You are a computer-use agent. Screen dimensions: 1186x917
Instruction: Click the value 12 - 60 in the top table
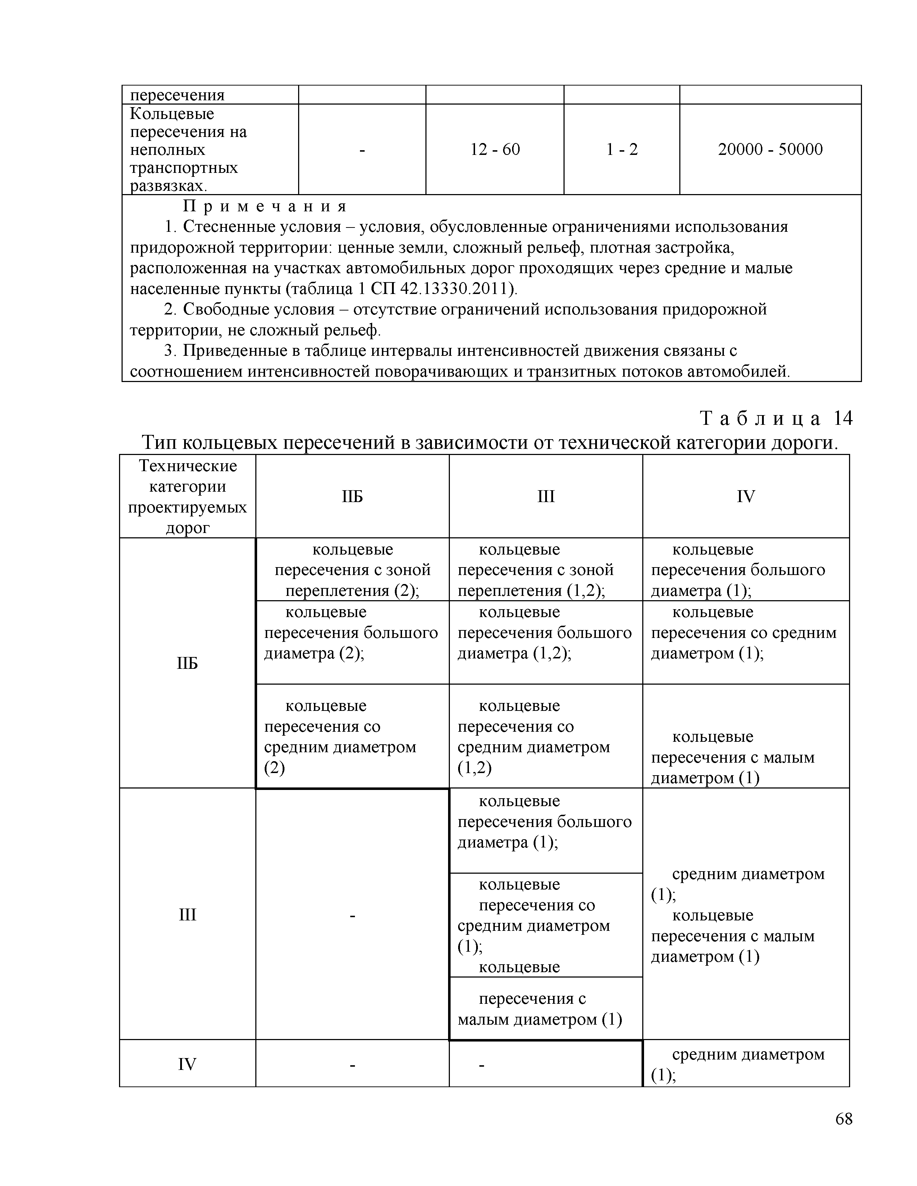495,150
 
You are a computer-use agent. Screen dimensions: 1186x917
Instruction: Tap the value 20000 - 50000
770,150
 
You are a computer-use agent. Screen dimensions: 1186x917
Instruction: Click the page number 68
844,1119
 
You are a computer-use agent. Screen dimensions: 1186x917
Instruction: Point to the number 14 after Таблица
843,418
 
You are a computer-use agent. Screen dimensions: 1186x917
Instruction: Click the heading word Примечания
265,206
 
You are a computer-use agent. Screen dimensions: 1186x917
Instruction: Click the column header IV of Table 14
745,496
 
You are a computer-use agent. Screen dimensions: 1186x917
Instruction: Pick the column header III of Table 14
546,496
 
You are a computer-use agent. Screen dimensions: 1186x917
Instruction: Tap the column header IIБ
352,496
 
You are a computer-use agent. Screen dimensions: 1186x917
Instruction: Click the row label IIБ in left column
187,663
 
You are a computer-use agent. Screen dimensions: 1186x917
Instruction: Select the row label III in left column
187,915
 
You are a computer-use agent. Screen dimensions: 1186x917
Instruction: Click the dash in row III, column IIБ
352,916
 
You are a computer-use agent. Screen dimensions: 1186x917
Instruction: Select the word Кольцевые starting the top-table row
172,114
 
